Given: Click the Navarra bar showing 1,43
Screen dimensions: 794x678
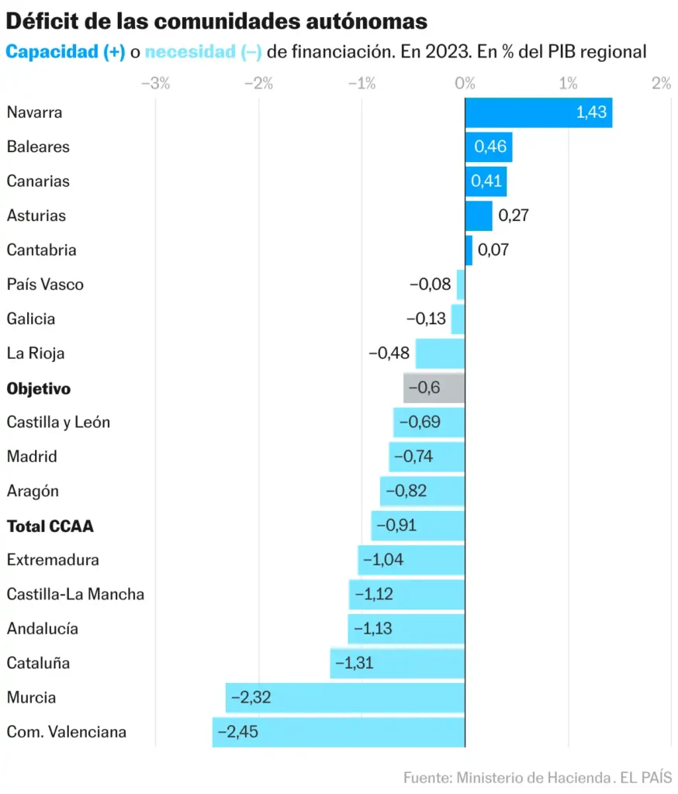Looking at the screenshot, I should point(538,112).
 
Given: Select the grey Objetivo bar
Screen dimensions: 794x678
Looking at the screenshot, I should point(434,388).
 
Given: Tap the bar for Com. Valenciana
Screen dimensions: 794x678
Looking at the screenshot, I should point(338,732).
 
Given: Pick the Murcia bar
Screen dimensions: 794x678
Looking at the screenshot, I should point(345,698).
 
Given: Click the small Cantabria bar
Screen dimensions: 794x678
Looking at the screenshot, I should point(469,250).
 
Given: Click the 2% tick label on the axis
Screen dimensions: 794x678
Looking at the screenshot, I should point(661,84).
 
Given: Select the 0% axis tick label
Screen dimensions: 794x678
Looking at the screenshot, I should point(465,84).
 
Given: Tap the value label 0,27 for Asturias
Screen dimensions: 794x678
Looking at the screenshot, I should point(513,216).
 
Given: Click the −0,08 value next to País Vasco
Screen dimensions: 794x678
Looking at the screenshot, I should point(430,285).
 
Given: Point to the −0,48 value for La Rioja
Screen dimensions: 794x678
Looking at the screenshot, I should point(389,354).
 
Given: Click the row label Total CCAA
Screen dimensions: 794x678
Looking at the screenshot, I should point(50,526).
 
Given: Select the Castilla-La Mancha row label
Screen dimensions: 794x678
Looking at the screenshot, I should point(75,595).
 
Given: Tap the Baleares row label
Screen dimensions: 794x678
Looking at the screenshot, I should point(38,147).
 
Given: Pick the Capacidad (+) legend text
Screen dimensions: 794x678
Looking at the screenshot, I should point(65,53).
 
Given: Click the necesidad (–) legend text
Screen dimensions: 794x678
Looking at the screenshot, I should point(203,53).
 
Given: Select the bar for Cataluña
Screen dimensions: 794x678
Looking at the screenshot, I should point(397,664).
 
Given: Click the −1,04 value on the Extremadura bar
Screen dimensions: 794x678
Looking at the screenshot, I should point(382,560).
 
